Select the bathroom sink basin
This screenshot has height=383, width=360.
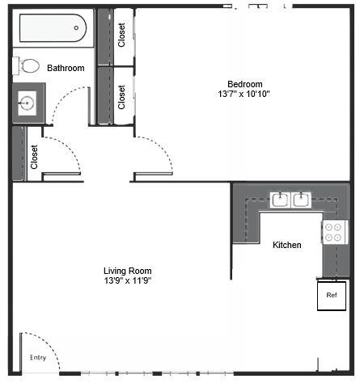[27, 103]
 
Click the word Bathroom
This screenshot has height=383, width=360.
[66, 69]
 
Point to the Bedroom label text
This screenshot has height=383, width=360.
[244, 84]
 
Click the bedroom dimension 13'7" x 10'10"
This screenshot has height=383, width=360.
[244, 95]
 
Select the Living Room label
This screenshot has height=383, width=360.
[127, 271]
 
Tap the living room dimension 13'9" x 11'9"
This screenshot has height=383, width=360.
[127, 281]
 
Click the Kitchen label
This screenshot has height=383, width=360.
[286, 244]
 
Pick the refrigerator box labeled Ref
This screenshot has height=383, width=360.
[331, 295]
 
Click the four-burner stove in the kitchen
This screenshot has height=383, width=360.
[333, 233]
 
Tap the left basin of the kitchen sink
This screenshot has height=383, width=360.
[279, 199]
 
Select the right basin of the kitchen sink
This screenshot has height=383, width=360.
[301, 199]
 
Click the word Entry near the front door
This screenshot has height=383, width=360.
[37, 357]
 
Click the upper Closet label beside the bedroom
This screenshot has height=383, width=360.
[122, 36]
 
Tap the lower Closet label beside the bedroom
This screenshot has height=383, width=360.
[122, 97]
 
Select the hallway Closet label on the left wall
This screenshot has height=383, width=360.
[34, 156]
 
